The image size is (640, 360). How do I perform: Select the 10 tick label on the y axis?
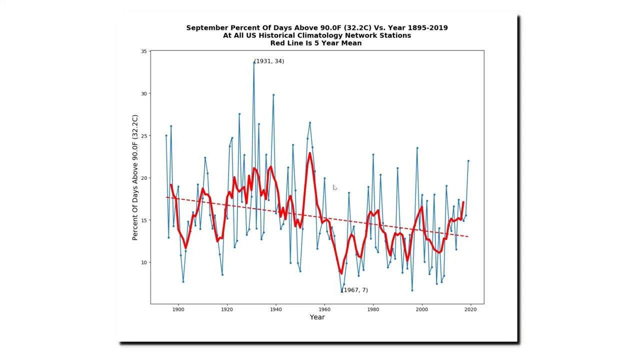coord(144,262)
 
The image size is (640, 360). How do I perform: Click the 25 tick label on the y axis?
coord(144,136)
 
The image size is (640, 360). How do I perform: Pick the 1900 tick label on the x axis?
coord(178,309)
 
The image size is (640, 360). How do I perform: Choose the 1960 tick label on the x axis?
coord(324,309)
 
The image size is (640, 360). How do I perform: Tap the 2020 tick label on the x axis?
coord(470,309)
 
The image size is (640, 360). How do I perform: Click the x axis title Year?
coord(317,317)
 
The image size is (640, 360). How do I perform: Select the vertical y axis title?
coord(134,177)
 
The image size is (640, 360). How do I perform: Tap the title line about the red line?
coord(316,43)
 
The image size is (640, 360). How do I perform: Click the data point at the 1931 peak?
coord(254,62)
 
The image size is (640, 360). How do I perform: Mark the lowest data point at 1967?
coord(341,291)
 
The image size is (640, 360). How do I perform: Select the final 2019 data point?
coord(468,161)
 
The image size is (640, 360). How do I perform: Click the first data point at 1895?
coord(166,135)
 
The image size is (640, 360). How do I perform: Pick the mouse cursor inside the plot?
coord(334,187)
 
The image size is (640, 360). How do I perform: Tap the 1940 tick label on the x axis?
coord(275,309)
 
